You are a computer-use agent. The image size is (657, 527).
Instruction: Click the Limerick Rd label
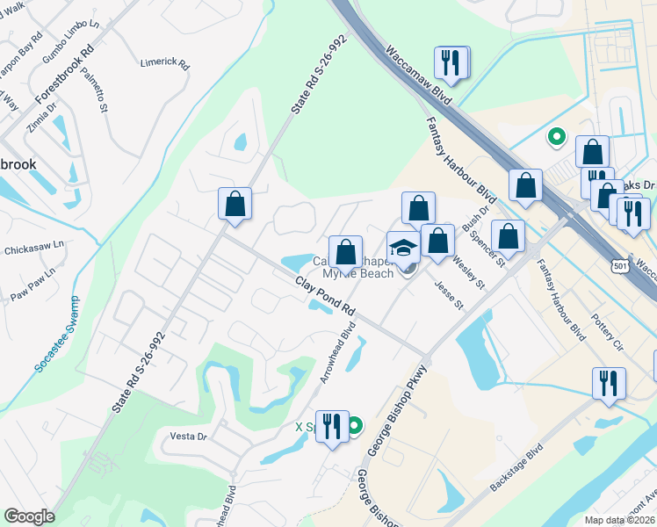tap(165, 63)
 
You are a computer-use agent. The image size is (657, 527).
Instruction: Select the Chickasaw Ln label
tap(35, 249)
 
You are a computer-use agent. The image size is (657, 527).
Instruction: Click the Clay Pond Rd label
tap(325, 298)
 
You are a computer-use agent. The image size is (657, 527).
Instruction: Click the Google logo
tap(29, 516)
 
